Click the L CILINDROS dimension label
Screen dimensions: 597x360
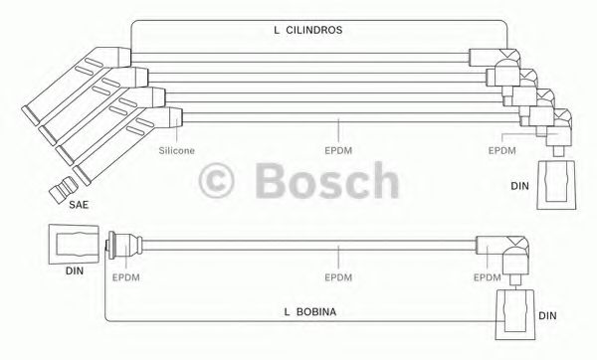tap(308, 30)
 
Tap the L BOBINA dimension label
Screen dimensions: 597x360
tap(310, 312)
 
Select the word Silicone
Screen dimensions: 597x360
tap(177, 151)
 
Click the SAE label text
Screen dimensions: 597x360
tap(79, 205)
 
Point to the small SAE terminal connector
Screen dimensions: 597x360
tap(64, 189)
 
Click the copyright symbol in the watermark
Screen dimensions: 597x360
tap(216, 180)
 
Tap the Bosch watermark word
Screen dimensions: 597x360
tap(326, 180)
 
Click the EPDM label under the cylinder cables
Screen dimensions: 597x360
tap(338, 151)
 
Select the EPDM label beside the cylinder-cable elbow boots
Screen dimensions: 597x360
tap(502, 151)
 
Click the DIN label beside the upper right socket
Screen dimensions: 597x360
tap(519, 186)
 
